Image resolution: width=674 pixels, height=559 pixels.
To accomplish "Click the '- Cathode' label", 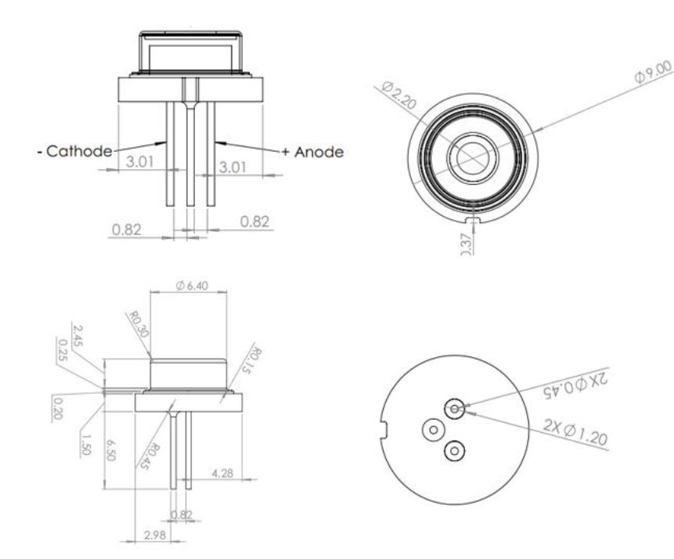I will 75,151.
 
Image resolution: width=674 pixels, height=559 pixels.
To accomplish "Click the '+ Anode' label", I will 312,151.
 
